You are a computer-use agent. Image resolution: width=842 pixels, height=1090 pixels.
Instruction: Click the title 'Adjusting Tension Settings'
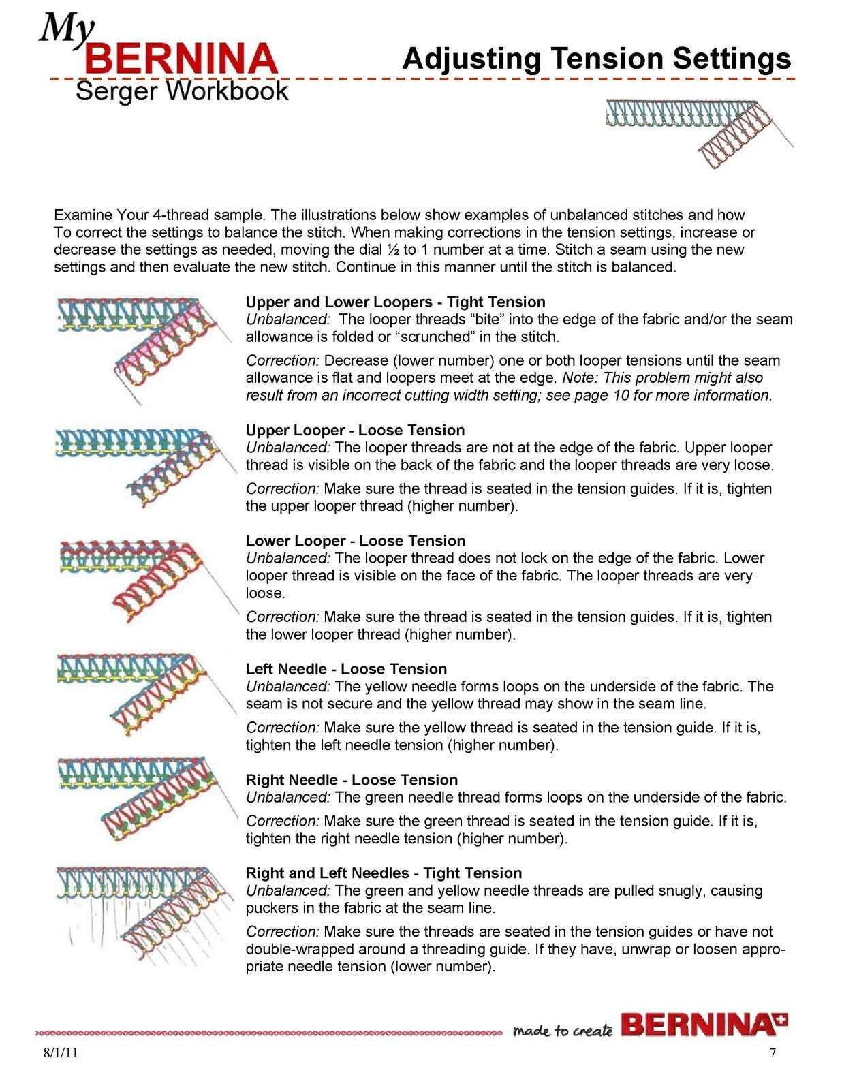click(x=596, y=59)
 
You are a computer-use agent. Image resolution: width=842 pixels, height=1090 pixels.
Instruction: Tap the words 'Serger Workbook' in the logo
click(x=182, y=91)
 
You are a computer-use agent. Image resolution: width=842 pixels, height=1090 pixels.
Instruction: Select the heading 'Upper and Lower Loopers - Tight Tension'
click(x=395, y=302)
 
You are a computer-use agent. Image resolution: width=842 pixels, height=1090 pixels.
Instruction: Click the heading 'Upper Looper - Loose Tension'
click(x=355, y=431)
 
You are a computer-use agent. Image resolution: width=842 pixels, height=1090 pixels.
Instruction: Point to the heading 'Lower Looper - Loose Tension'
click(x=355, y=541)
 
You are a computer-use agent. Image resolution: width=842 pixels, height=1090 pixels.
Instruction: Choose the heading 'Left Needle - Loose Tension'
click(x=346, y=669)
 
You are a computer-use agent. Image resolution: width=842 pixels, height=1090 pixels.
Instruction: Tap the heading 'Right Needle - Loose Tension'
click(x=352, y=780)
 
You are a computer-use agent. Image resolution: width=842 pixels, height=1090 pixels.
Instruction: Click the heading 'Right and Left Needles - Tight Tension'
click(x=384, y=873)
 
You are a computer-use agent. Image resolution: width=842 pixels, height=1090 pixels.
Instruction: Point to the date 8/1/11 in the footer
click(x=60, y=1053)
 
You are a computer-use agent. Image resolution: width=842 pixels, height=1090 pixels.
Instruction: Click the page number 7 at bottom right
click(x=773, y=1053)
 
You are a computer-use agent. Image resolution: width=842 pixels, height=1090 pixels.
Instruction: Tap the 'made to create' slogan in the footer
click(x=562, y=1030)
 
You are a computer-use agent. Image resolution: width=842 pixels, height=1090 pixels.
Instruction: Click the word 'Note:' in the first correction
click(x=580, y=378)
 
